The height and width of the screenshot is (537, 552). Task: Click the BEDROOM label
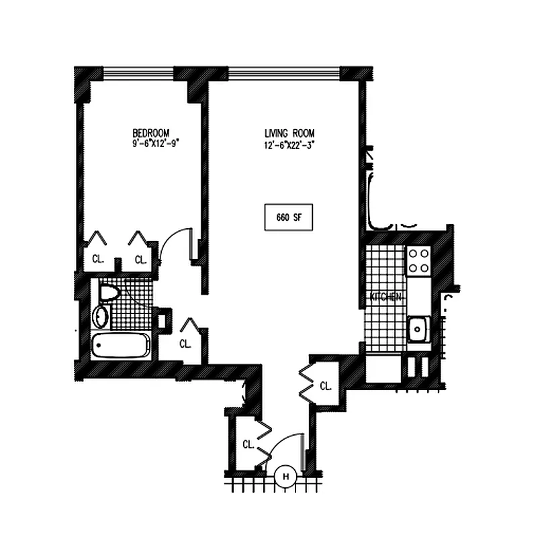[150, 133]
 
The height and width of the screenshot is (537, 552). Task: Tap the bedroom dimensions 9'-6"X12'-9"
[156, 143]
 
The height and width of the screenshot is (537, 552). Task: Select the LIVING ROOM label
[289, 133]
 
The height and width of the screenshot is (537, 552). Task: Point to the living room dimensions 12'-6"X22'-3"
[289, 144]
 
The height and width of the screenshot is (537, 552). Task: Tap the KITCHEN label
[385, 296]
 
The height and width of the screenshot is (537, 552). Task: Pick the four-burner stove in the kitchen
[419, 260]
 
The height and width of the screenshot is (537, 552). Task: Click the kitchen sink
[418, 329]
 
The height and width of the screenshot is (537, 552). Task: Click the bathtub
[121, 346]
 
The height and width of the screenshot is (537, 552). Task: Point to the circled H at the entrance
[285, 477]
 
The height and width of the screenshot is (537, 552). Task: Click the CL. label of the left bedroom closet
[98, 260]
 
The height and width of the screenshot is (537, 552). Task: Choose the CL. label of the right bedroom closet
[140, 260]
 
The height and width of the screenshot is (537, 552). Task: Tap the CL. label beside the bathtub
[185, 344]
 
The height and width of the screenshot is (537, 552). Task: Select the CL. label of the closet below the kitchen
[326, 386]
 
